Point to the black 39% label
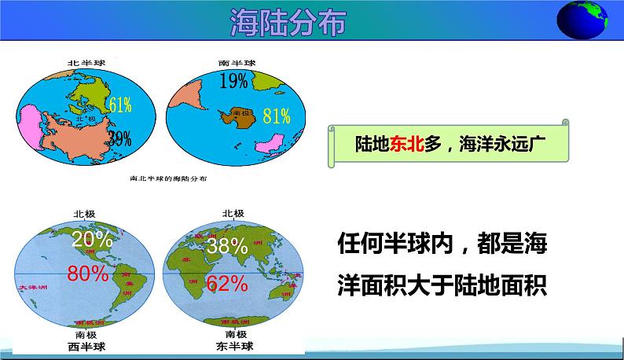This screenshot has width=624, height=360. (119, 139)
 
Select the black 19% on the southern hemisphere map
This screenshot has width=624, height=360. (233, 80)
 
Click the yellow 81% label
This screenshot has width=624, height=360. (276, 116)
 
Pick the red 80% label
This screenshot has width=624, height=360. (87, 274)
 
